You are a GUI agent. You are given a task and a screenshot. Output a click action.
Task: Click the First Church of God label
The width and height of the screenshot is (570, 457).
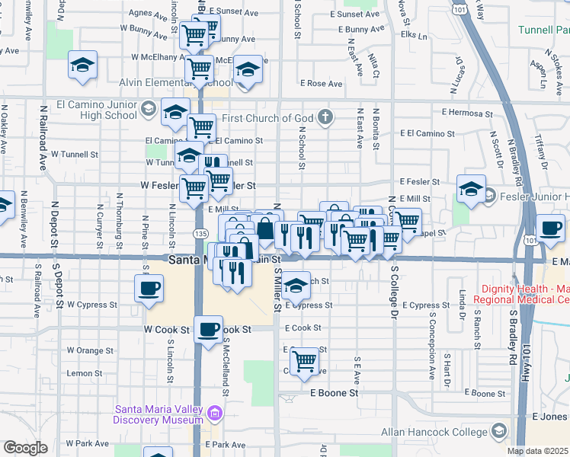point(268,118)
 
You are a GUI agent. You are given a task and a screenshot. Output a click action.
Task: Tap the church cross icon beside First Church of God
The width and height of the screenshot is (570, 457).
point(326,117)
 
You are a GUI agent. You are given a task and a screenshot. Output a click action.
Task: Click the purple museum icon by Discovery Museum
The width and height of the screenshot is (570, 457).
point(216,414)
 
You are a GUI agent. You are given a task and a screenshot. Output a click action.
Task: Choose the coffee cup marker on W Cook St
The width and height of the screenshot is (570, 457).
point(208,329)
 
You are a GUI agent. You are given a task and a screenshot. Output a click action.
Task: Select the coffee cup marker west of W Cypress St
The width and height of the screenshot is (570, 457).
point(149,289)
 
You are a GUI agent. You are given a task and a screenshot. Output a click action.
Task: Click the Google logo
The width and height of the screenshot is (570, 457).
point(25,448)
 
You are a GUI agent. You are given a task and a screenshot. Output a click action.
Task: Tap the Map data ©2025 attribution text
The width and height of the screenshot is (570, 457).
point(537,451)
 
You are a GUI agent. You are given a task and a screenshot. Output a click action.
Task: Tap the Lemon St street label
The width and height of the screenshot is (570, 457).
point(84,373)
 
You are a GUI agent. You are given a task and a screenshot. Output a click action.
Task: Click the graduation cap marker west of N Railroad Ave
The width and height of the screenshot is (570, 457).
point(82,65)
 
